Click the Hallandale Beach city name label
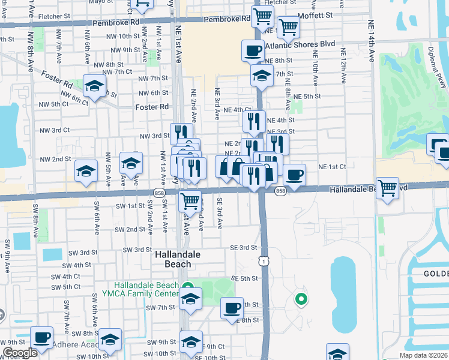(173, 259)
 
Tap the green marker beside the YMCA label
(187, 287)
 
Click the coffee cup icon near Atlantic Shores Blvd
(253, 50)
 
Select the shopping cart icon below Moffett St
(289, 26)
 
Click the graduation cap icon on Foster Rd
(95, 86)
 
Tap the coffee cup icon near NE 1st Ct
(294, 175)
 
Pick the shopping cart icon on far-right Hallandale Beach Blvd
(388, 188)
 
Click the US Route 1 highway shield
(263, 261)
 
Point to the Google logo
(20, 353)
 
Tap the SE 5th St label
(244, 279)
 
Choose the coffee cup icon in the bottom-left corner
(42, 338)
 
